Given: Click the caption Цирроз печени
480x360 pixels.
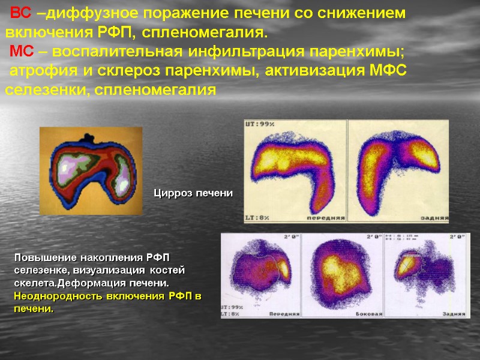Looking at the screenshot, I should point(193,193).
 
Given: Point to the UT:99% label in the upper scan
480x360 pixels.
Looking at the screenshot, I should point(259,124).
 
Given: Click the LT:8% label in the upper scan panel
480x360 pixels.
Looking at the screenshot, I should point(257,218).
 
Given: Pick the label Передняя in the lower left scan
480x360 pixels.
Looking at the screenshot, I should point(284,314).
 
